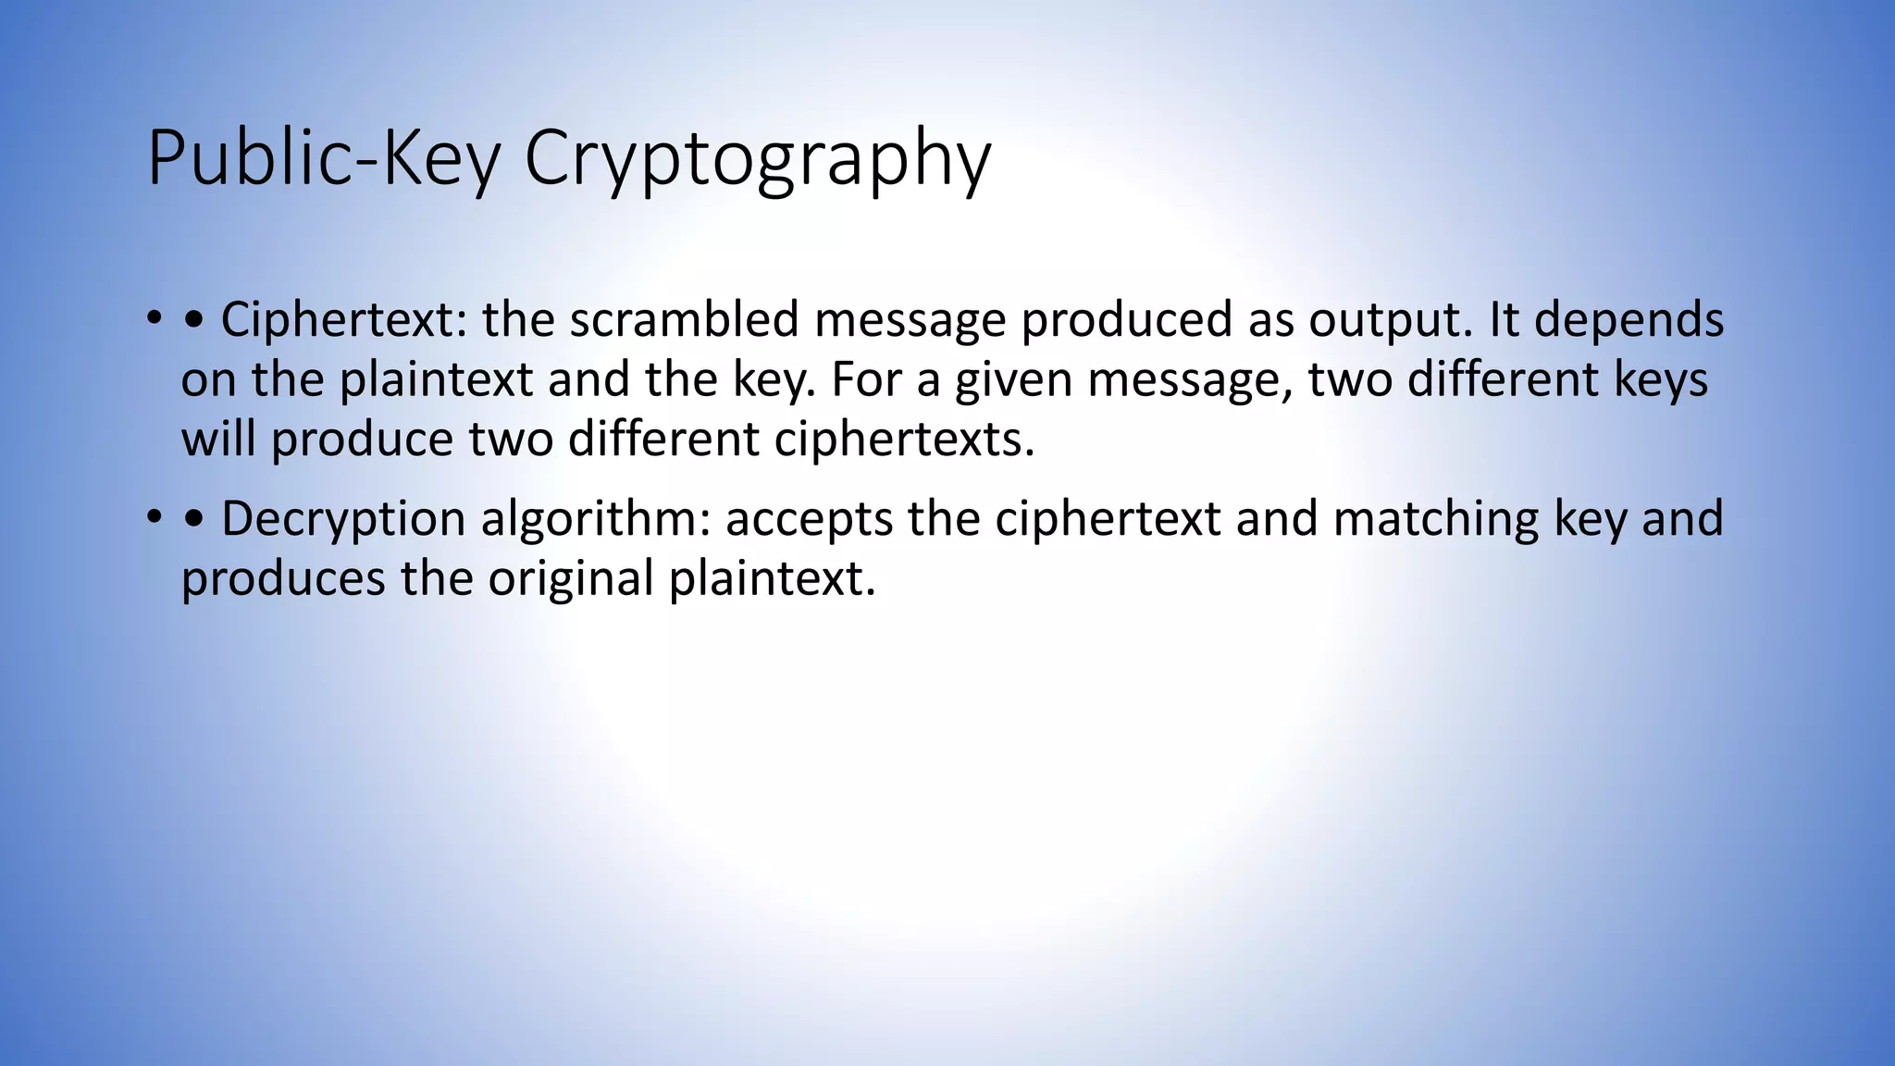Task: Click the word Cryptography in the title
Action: pyautogui.click(x=757, y=159)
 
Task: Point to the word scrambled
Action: pyautogui.click(x=684, y=320)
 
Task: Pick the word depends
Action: pyautogui.click(x=1629, y=320)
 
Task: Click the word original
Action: pyautogui.click(x=571, y=579)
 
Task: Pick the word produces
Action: pyautogui.click(x=282, y=579)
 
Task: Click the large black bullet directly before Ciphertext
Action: pyautogui.click(x=194, y=321)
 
